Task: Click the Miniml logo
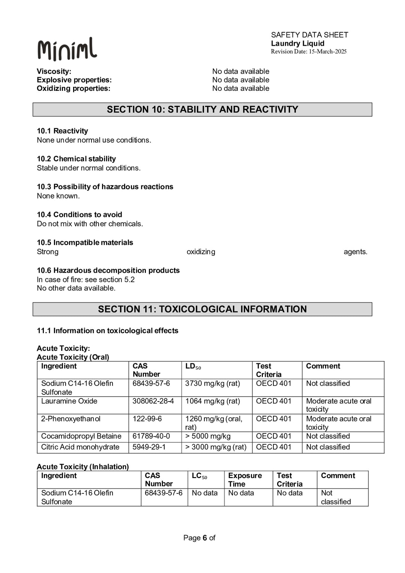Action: coord(67,49)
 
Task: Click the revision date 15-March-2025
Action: coord(327,52)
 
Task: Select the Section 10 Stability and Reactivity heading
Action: coord(202,110)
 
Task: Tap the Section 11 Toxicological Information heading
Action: coord(202,309)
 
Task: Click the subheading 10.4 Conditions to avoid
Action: coord(79,215)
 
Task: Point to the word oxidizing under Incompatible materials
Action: coord(201,252)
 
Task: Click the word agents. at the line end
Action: coord(355,252)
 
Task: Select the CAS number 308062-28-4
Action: coord(153,401)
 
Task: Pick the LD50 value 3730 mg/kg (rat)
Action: coord(212,384)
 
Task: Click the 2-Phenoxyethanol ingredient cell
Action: coord(71,419)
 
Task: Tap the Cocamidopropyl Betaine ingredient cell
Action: coord(81,436)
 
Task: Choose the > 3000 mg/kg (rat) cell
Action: coord(216,447)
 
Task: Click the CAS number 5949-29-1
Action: coord(149,447)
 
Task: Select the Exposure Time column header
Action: coord(245,480)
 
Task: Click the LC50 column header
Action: coord(199,476)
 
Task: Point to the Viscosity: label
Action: coord(54,71)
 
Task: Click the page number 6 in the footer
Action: coord(205,538)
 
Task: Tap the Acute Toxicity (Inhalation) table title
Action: coord(83,466)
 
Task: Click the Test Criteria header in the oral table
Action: coord(268,370)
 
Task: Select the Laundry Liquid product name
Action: coord(298,44)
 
